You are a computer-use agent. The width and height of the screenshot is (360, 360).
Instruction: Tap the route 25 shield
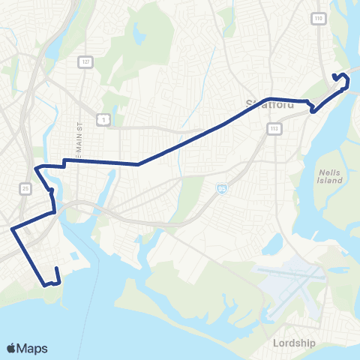pyautogui.click(x=26, y=187)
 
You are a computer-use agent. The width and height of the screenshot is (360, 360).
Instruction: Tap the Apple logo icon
pyautogui.click(x=12, y=348)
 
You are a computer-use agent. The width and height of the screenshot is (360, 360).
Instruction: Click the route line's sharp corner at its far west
pyautogui.click(x=12, y=229)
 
